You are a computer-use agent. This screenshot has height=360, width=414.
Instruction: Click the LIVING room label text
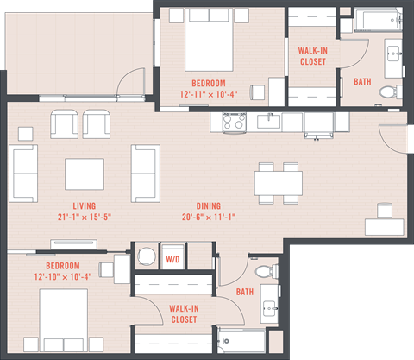pos(84,205)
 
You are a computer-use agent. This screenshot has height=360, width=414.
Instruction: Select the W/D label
pos(172,257)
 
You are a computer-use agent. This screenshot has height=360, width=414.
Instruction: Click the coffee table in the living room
pos(85,174)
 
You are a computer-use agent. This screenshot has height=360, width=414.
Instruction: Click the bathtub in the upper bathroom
pos(378,20)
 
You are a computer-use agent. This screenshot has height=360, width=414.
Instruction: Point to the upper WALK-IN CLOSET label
pos(312,56)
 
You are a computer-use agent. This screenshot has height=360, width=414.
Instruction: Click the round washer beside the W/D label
pos(147,256)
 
